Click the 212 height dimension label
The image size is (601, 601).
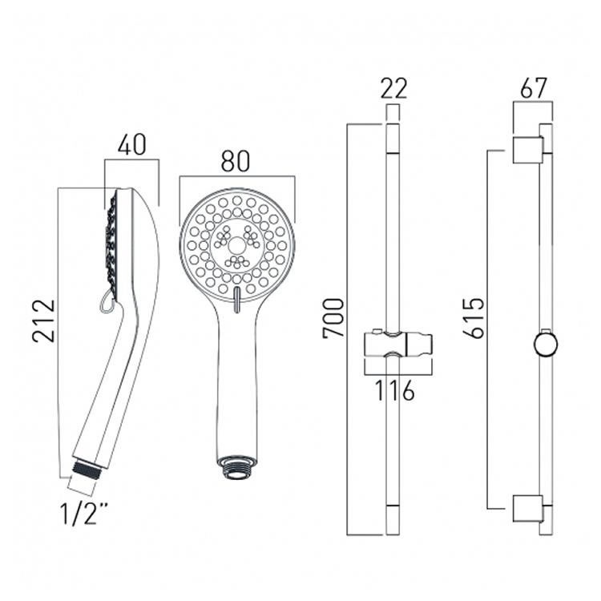(44, 321)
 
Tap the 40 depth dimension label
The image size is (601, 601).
(132, 145)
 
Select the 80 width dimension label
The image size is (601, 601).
(236, 161)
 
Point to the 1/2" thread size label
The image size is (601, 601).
(83, 514)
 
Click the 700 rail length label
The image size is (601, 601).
(334, 318)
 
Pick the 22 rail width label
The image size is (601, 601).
(393, 88)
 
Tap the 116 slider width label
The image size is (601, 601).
(394, 390)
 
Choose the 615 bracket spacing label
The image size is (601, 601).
(474, 318)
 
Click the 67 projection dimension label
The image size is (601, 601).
(533, 88)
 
